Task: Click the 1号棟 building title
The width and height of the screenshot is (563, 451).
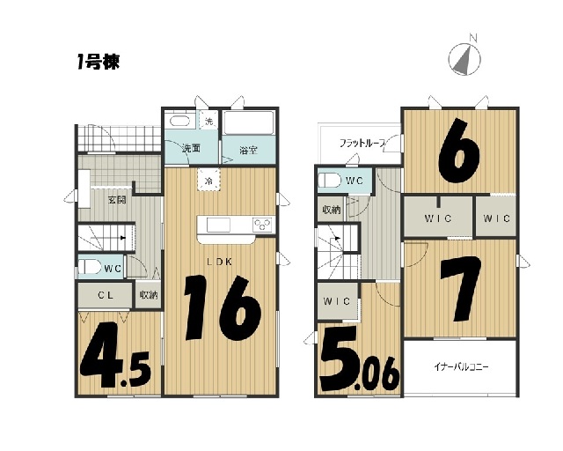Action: click(99, 63)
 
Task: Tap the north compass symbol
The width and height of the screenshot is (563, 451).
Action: click(464, 57)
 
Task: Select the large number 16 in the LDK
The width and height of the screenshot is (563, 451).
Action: click(222, 308)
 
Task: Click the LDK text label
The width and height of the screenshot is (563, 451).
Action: click(219, 262)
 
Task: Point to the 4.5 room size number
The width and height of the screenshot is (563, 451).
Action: click(115, 355)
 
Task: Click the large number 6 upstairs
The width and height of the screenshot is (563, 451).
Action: click(459, 152)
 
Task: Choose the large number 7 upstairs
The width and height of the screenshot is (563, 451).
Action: click(461, 288)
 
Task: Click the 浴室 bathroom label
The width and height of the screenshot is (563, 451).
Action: click(248, 150)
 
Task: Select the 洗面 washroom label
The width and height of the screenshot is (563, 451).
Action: click(191, 148)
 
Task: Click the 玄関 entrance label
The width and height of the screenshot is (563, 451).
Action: click(117, 200)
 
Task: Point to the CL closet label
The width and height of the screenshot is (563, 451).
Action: click(106, 295)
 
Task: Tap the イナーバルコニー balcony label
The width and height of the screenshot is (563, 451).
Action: click(461, 367)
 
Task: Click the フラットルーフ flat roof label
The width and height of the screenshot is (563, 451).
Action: click(362, 144)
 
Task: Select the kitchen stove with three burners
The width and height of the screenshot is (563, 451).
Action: click(262, 225)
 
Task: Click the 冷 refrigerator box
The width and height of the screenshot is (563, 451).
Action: click(208, 180)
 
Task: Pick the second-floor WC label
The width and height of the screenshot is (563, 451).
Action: click(354, 181)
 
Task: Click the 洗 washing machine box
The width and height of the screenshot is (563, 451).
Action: click(208, 121)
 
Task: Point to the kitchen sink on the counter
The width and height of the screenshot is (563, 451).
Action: click(219, 225)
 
